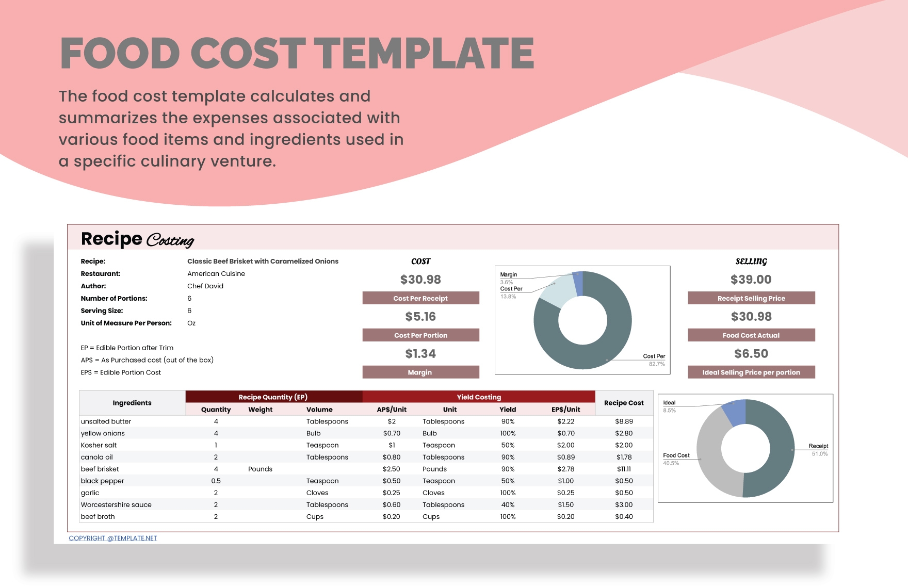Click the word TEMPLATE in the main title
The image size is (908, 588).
tap(424, 53)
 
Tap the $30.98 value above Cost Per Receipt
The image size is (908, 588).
tap(420, 280)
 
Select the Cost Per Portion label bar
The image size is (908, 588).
tap(420, 335)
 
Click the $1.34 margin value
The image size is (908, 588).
tap(420, 354)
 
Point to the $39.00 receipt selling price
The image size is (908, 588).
tap(751, 280)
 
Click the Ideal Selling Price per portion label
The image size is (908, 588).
tap(751, 372)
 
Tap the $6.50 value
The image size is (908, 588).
tap(751, 354)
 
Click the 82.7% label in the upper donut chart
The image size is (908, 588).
tap(657, 364)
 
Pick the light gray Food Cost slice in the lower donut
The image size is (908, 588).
tap(712, 454)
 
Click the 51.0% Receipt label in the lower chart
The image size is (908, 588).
tap(819, 454)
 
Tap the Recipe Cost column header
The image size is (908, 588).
tap(624, 403)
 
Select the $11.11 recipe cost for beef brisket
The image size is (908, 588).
tap(624, 469)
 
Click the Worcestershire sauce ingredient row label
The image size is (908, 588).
tap(116, 504)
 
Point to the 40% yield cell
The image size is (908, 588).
tap(508, 504)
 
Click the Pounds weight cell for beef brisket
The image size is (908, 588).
tap(260, 469)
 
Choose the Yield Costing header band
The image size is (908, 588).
tap(479, 397)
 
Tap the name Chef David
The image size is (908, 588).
tap(205, 286)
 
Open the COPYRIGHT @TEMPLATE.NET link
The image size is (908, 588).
tap(113, 538)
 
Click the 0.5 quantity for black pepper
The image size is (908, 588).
tap(216, 481)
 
